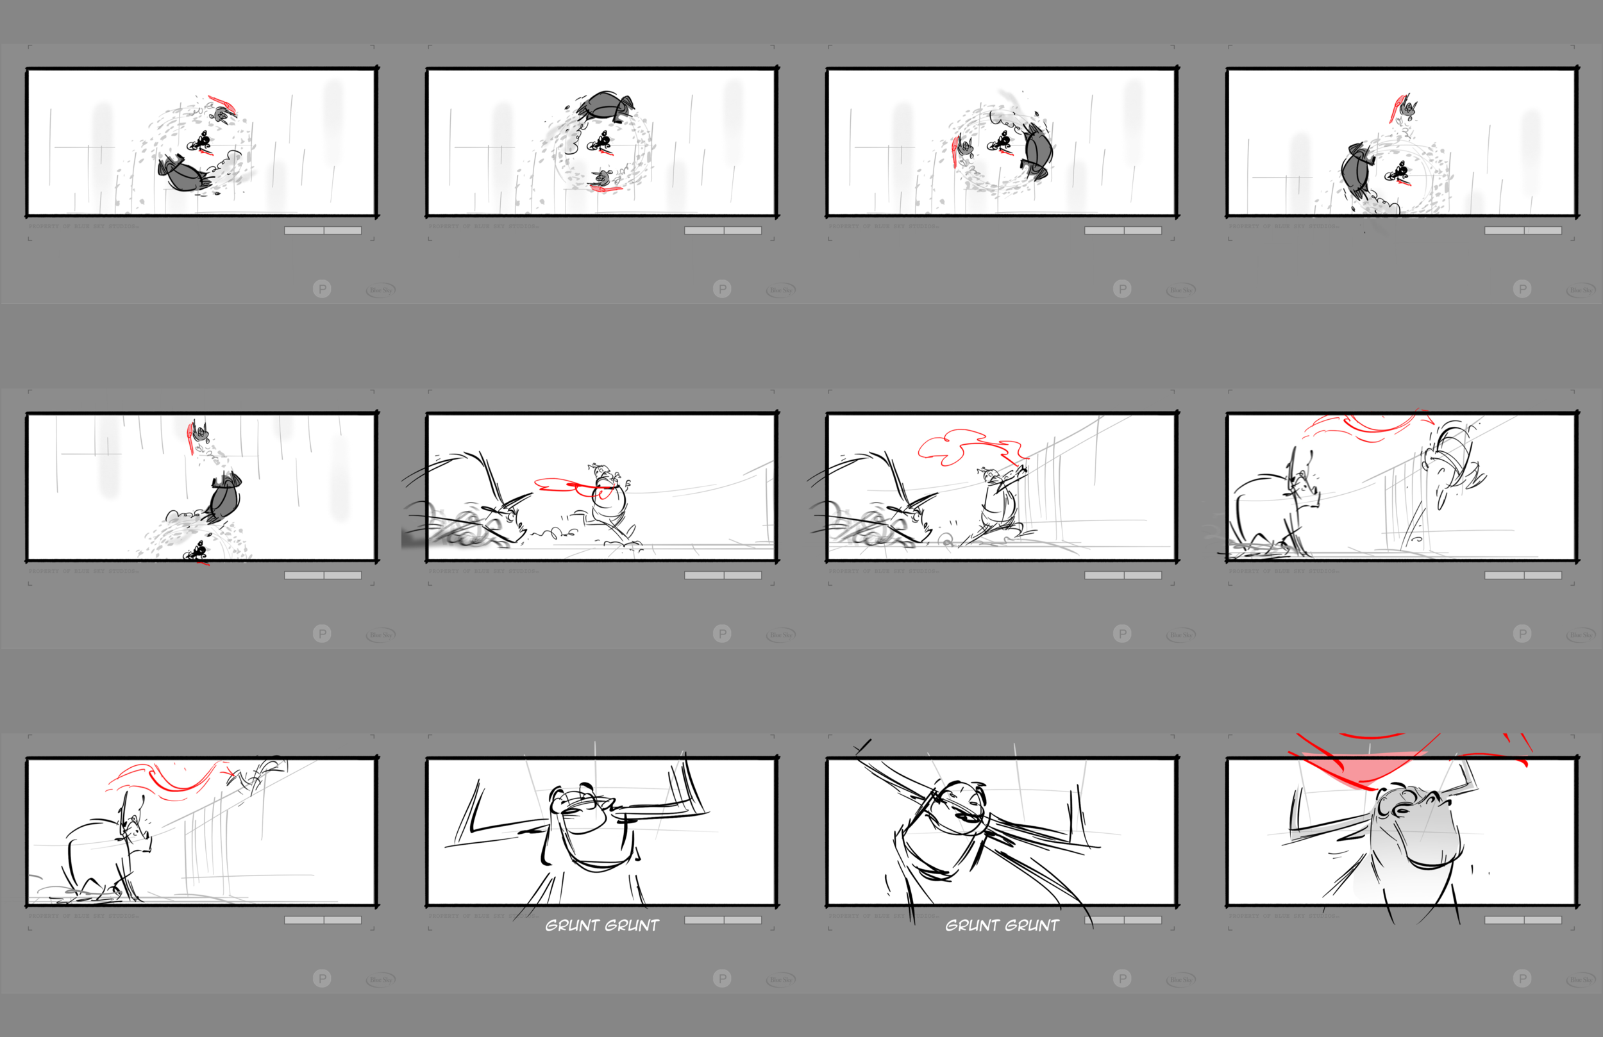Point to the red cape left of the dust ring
tap(956, 149)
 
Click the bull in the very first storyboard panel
tap(183, 174)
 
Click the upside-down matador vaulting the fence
tap(1448, 465)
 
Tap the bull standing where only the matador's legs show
tap(108, 855)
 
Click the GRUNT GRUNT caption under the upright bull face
tap(601, 925)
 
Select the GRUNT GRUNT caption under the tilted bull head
tap(1002, 925)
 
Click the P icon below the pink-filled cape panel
tap(1522, 978)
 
